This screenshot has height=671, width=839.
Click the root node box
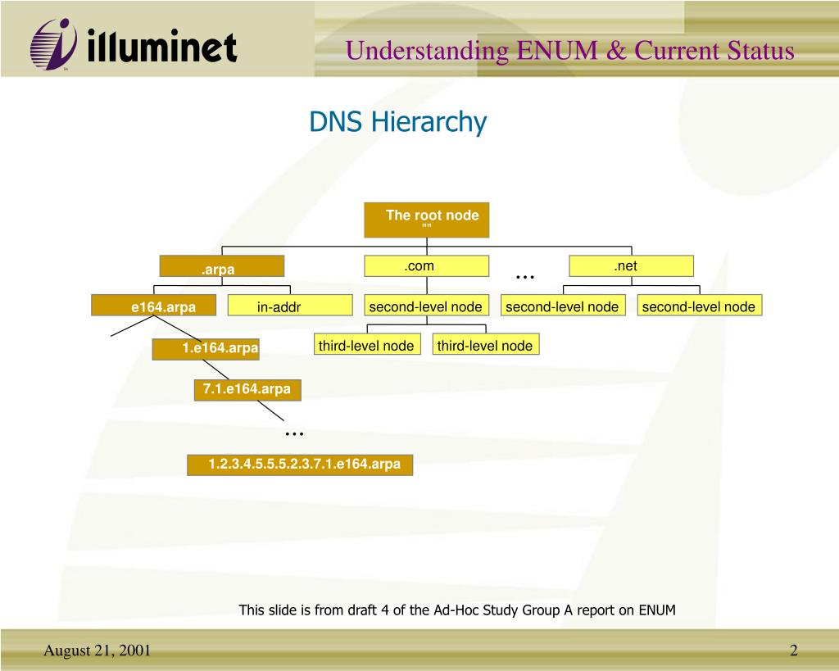[x=426, y=220]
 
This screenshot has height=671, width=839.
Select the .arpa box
[x=221, y=267]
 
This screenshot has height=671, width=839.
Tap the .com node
[x=426, y=266]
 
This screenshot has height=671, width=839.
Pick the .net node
[x=631, y=266]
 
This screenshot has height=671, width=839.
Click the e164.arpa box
[x=154, y=306]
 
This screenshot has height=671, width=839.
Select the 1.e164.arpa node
[x=206, y=350]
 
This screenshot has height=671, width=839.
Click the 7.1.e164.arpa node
[x=247, y=390]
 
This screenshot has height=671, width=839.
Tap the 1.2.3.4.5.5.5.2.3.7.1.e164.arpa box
[x=300, y=465]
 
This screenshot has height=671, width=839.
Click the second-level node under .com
[x=426, y=306]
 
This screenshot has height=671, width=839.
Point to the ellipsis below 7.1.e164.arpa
[x=294, y=433]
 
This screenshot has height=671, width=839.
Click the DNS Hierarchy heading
[x=398, y=122]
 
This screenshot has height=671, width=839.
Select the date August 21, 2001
[x=97, y=651]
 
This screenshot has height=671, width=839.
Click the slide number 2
[x=793, y=651]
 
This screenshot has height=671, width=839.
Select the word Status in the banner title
[x=760, y=51]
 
